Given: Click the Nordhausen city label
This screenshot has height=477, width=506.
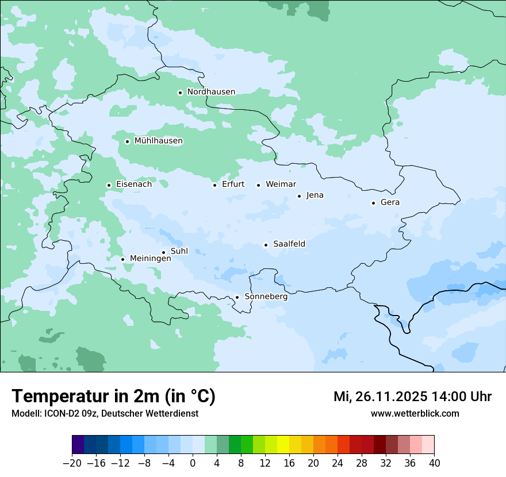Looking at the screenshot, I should [x=211, y=92].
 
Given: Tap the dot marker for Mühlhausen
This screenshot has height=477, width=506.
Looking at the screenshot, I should [x=127, y=141].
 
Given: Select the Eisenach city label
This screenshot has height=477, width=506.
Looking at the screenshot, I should [x=134, y=184].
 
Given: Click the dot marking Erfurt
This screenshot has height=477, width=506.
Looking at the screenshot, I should [x=214, y=185].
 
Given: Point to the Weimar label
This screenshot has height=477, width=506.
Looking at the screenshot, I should [x=281, y=184].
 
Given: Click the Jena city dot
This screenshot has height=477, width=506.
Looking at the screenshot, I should [x=299, y=196].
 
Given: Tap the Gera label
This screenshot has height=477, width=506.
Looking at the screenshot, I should [x=390, y=202].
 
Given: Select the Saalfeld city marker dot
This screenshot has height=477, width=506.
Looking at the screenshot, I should [x=266, y=245].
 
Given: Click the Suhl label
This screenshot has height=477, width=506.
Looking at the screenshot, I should [x=179, y=251].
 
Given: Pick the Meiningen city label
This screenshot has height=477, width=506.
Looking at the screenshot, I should [x=151, y=259].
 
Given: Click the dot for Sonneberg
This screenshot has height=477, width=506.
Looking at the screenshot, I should [x=237, y=297].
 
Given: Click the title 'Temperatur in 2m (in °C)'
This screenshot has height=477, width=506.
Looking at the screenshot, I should [x=113, y=397].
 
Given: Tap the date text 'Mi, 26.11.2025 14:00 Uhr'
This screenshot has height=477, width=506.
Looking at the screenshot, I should [x=412, y=397].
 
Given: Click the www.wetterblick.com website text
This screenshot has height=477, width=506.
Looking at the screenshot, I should [x=415, y=413].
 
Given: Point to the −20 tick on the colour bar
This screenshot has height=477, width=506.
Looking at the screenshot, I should [x=72, y=463].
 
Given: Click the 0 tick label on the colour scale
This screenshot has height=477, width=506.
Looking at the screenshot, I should [x=193, y=463].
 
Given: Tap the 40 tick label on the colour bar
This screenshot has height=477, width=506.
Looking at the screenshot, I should [x=434, y=463].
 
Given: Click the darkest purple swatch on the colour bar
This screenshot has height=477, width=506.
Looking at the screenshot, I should [x=78, y=445].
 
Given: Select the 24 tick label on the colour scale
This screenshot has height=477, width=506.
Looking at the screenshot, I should [x=338, y=463].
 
